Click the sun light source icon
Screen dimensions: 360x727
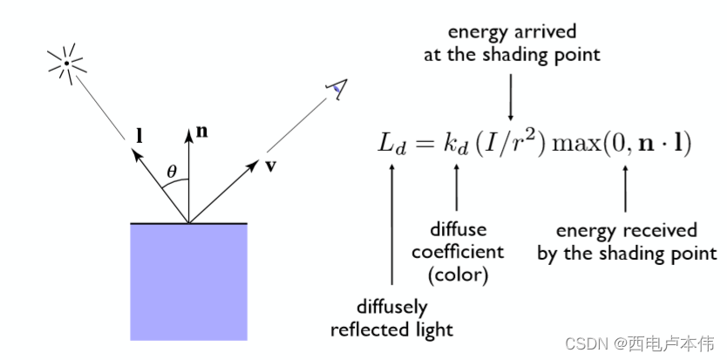(x=66, y=62)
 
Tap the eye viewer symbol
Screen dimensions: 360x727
(x=336, y=86)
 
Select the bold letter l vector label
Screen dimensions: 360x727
(x=139, y=135)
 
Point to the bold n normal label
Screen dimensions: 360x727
(x=202, y=132)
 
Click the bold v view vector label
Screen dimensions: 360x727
(x=271, y=165)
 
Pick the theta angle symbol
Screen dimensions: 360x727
(x=172, y=172)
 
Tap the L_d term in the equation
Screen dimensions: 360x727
(x=391, y=144)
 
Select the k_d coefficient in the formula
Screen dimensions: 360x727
(x=457, y=144)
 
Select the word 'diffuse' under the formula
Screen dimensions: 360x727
(x=458, y=230)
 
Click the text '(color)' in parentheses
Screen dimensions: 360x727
(x=458, y=274)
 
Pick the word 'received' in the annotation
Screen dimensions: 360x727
(x=658, y=231)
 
